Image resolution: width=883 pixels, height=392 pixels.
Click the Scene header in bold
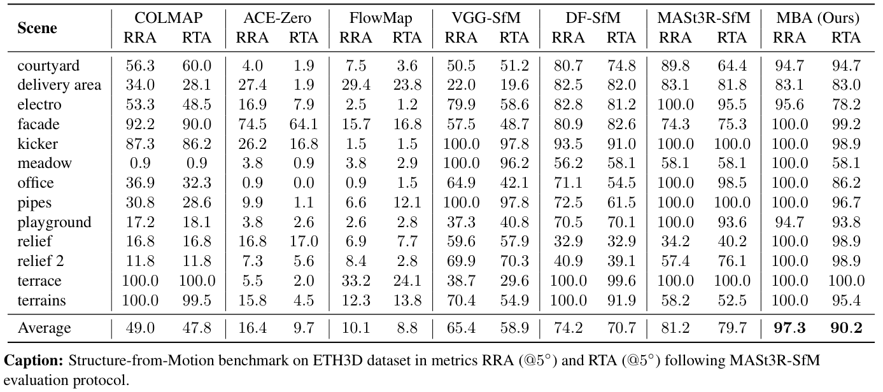point(37,28)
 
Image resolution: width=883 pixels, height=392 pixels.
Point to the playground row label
point(54,222)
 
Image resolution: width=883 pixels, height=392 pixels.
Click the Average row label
point(44,328)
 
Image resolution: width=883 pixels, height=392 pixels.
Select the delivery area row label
point(59,85)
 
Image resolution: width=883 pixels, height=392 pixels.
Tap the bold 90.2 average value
point(845,328)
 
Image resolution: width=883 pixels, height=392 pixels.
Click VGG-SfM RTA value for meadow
point(512,163)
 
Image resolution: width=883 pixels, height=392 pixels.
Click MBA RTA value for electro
point(845,104)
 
